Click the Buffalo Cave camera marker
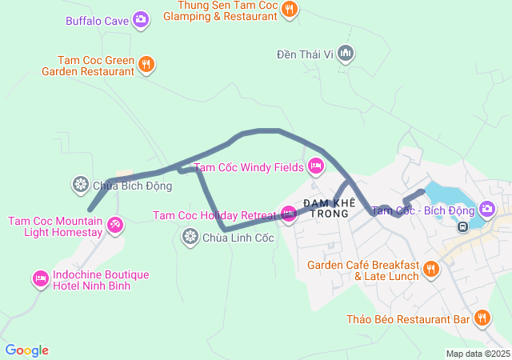click(141, 20)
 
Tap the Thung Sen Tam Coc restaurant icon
click(290, 10)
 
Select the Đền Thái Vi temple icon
click(346, 54)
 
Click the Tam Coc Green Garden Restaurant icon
click(146, 65)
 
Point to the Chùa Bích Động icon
click(81, 186)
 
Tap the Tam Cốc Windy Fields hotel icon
click(315, 166)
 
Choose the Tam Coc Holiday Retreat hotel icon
click(288, 214)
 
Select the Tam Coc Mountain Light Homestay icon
click(116, 226)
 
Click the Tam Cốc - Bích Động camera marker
click(487, 210)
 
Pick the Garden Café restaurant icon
click(432, 270)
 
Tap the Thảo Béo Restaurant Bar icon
click(482, 318)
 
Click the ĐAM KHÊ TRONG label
click(326, 208)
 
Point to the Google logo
click(27, 350)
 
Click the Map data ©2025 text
click(477, 354)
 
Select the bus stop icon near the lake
click(462, 226)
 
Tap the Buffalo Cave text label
click(98, 20)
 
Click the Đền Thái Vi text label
click(304, 54)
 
